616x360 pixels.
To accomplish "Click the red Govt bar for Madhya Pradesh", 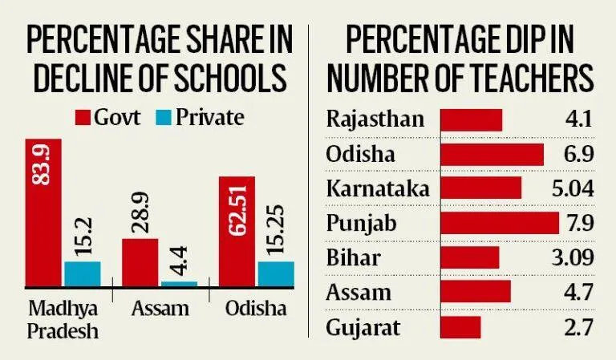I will coord(43,212).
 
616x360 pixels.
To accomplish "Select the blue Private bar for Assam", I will coord(179,283).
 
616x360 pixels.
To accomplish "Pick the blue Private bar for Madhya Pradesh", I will coord(82,273).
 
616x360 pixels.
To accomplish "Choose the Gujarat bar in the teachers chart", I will coord(461,326).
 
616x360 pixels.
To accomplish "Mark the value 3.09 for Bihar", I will coord(572,257).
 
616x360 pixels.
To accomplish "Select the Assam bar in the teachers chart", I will coord(476,292).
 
